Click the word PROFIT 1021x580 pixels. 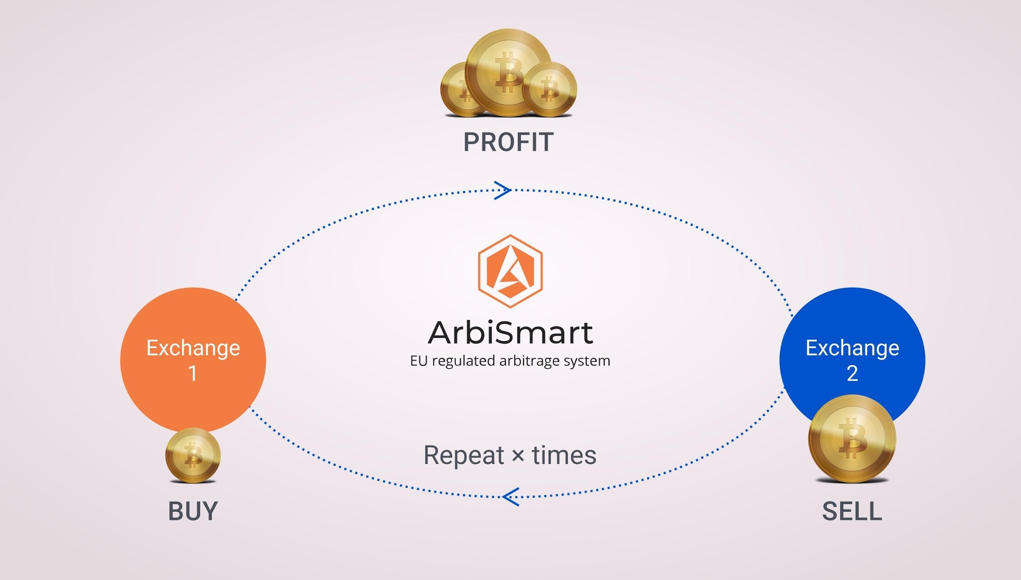point(508,142)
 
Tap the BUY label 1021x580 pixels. point(193,511)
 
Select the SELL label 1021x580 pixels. point(852,511)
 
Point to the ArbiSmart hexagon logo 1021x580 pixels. point(510,271)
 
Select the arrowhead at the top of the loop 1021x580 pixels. point(503,190)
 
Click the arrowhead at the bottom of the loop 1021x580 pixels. point(511,497)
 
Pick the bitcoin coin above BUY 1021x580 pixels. point(193,455)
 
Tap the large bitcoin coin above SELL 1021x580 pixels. point(852,439)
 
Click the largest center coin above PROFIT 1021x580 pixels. point(508,73)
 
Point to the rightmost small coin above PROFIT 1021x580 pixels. point(550,89)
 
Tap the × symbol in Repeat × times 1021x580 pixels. point(518,455)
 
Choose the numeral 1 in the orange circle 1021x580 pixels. point(192,373)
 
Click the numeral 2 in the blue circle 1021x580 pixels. point(852,373)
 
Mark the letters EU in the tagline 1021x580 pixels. point(419,361)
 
